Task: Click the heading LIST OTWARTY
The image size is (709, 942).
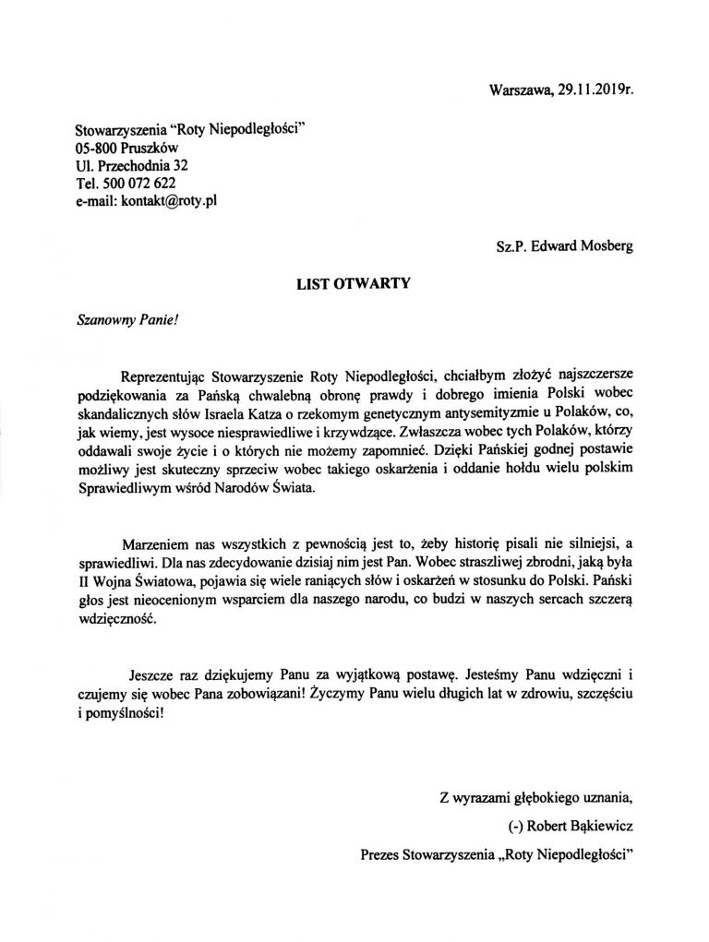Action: click(x=353, y=285)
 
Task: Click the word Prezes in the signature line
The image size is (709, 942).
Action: click(x=380, y=853)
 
